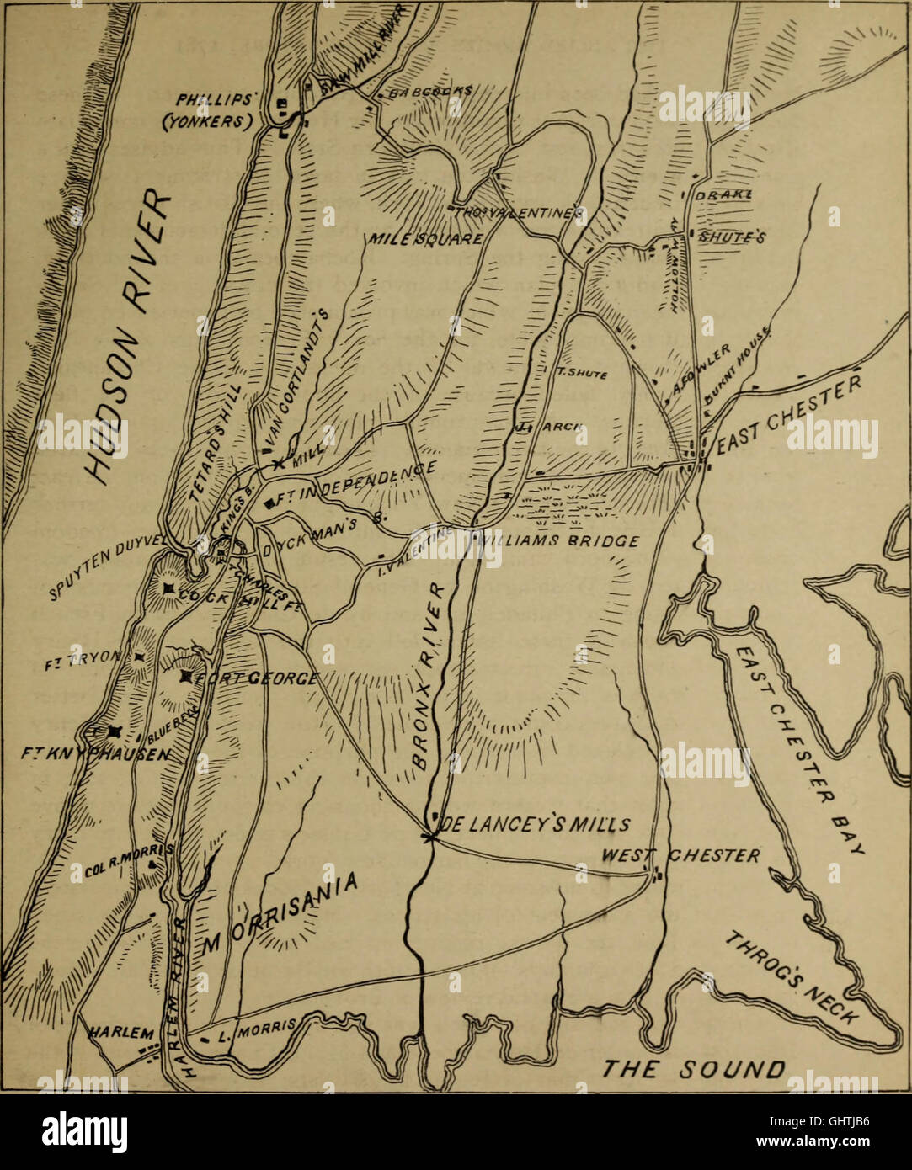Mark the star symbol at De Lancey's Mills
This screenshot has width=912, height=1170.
pyautogui.click(x=432, y=835)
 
